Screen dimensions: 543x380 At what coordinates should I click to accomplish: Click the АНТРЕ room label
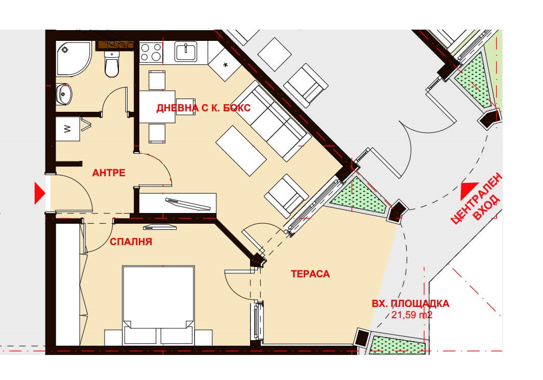tap(109, 173)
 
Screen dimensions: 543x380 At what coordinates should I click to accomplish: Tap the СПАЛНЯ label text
tap(131, 242)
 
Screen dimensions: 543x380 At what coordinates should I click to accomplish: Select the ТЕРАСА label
tap(310, 274)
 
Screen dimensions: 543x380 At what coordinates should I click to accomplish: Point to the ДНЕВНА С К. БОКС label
tap(203, 108)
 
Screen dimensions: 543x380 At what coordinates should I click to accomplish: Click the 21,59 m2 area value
tap(412, 315)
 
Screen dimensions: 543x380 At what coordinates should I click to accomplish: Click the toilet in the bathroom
tap(111, 64)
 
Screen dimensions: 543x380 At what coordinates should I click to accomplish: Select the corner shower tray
tap(74, 59)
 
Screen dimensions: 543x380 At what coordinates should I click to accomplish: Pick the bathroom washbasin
tap(64, 93)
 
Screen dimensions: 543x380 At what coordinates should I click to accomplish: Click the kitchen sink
tap(186, 52)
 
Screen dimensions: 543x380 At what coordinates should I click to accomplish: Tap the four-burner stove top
tap(151, 52)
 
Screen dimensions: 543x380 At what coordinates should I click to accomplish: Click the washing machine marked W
tap(68, 129)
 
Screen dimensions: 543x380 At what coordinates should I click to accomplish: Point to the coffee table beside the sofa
tap(241, 151)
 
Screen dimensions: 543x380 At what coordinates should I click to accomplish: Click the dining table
tap(157, 107)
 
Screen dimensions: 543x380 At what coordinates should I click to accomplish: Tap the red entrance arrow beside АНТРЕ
tap(40, 193)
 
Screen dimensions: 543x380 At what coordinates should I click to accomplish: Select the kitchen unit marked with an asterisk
tap(225, 64)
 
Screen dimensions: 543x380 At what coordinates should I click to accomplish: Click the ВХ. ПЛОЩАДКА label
tap(410, 304)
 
